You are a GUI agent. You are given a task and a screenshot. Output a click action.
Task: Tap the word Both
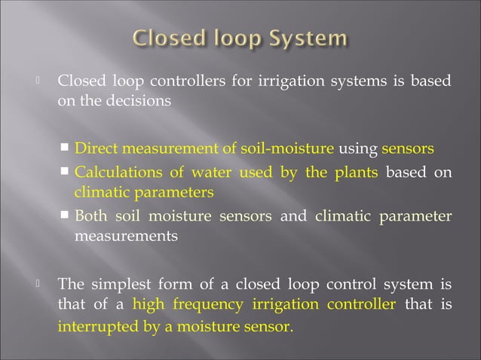[90, 217]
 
